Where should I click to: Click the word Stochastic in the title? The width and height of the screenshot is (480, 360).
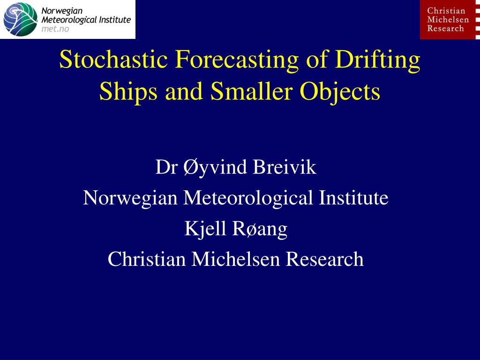coord(113,59)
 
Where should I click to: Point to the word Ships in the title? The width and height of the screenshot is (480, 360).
coord(128,92)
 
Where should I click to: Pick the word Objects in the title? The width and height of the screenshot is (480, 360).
coord(340,92)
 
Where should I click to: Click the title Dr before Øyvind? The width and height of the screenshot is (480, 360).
coord(166,167)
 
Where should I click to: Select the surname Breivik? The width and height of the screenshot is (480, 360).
coord(285,167)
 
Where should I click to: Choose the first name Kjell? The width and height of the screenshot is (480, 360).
coord(205,229)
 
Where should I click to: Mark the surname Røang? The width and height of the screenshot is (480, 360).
coord(260,229)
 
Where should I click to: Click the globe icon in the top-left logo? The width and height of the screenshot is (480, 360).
coord(20,19)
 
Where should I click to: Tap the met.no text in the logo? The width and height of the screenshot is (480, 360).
coord(55,29)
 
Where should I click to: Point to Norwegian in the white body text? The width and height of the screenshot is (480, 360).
coord(130,198)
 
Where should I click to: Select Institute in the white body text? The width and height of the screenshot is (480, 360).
coord(353,198)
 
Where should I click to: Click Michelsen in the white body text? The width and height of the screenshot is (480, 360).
coord(236,259)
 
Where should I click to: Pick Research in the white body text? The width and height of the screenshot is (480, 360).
coord(325,259)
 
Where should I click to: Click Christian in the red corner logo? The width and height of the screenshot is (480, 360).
coord(446,11)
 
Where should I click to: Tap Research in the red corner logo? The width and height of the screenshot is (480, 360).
coord(445,29)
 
